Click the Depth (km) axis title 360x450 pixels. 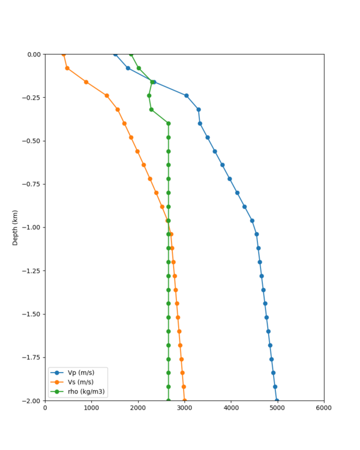(16, 227)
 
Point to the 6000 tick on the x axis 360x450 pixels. (324, 409)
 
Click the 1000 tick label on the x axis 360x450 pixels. (91, 409)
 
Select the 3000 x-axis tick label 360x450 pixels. (184, 409)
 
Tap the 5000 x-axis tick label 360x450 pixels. (277, 409)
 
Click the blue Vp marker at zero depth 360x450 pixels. (116, 55)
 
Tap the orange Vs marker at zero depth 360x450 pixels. (64, 55)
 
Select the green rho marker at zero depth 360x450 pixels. (131, 55)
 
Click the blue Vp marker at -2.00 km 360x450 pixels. (277, 400)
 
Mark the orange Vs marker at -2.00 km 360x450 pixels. (184, 400)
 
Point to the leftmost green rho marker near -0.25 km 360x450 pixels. (149, 95)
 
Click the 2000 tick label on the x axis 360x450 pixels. (138, 409)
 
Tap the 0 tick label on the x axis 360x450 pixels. (45, 409)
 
